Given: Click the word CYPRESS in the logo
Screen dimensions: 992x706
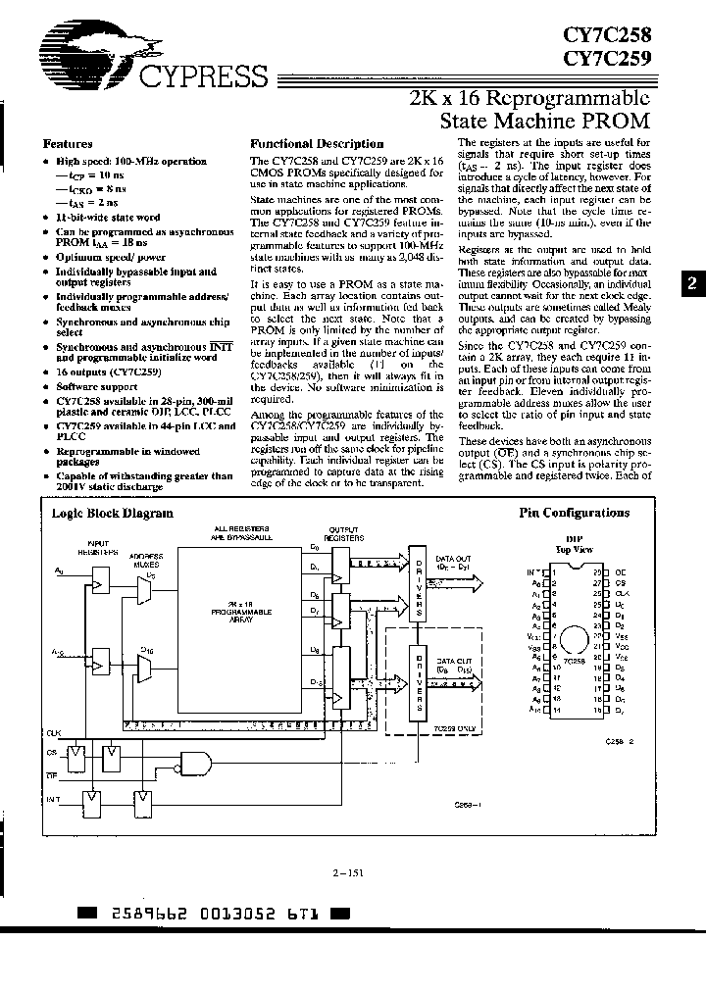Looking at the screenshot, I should coord(201,77).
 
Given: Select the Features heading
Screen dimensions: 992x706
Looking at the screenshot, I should coord(68,143).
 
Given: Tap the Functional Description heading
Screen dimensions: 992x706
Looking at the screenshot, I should coord(317,143).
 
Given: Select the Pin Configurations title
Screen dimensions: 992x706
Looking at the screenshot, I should coord(574,513).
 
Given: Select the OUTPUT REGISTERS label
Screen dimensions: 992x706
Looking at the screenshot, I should coord(343,541).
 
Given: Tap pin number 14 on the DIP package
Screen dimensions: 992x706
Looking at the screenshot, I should coord(555,709).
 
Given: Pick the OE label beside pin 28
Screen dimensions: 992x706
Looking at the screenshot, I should coord(620,570).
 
